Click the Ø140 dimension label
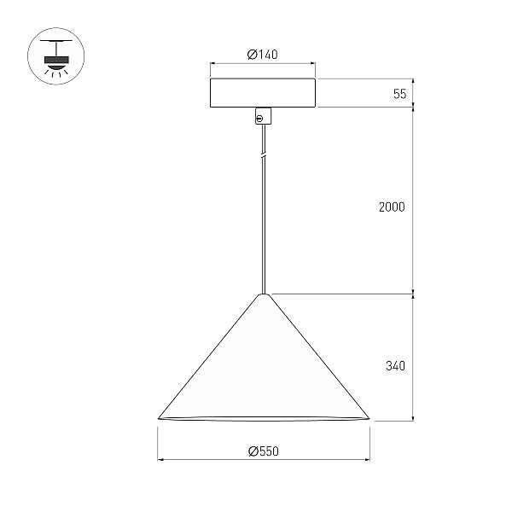pos(263,55)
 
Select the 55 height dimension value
pos(400,94)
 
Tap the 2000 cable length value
pos(392,207)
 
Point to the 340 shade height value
pos(395,366)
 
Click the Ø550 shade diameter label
pos(264,451)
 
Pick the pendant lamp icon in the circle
pos(56,56)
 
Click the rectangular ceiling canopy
pos(263,93)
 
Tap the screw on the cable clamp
pos(260,119)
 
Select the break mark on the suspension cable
pos(264,156)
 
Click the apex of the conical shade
pos(264,294)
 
